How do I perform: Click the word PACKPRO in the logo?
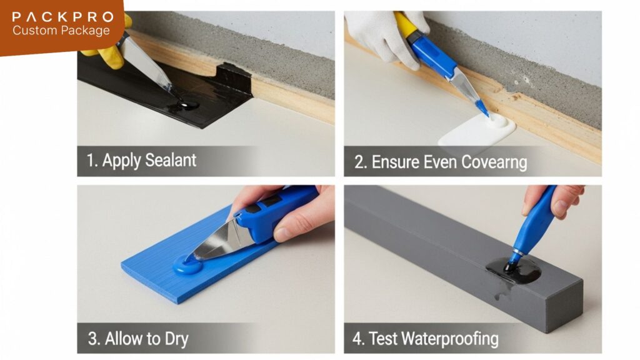pos(63,17)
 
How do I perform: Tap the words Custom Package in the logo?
pos(61,31)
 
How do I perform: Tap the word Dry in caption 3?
pos(176,339)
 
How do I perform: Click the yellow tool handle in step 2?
pos(405,24)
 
